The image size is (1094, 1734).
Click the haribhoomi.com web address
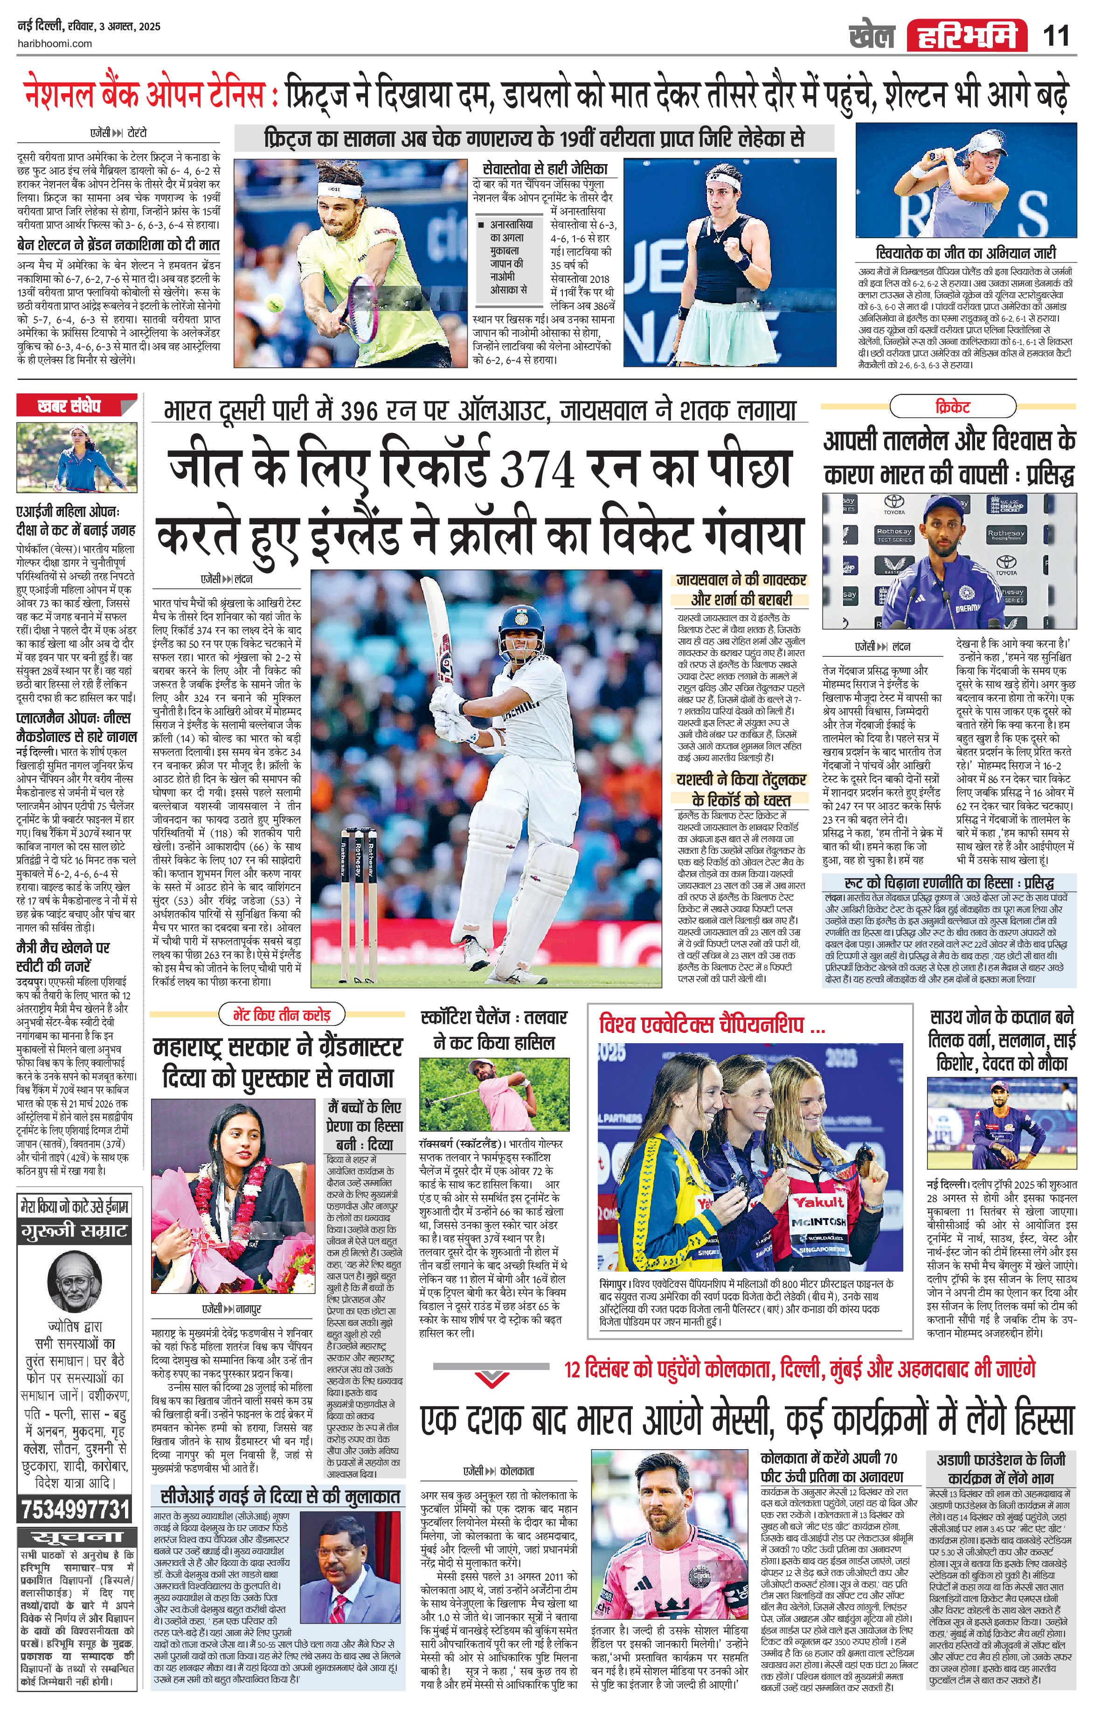[54, 43]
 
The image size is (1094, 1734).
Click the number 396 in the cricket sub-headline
[359, 411]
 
